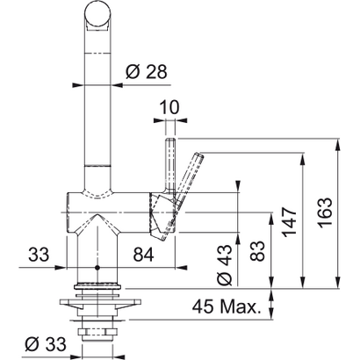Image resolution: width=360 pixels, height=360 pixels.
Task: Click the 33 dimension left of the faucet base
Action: (x=39, y=256)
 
